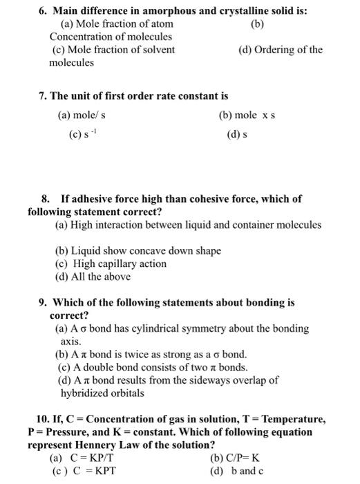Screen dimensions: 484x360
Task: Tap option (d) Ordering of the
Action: tap(280, 50)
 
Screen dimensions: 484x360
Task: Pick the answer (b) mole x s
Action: tap(247, 115)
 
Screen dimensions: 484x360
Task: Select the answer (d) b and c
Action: tap(237, 471)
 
